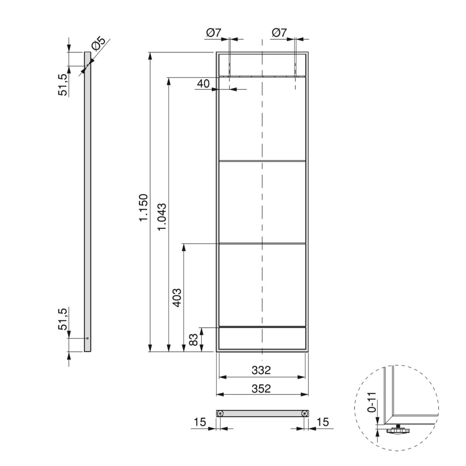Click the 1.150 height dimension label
[143, 208]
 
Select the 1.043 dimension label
[162, 217]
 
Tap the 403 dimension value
[177, 298]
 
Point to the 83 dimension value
[193, 339]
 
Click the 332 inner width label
[261, 370]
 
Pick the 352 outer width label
[261, 389]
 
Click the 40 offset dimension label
[203, 84]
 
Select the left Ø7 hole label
[214, 33]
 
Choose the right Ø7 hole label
[279, 33]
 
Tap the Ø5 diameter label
[99, 44]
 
